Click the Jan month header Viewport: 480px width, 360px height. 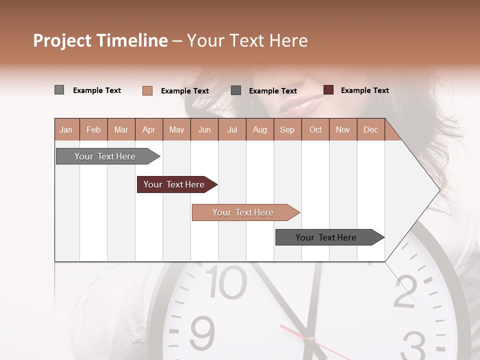click(66, 129)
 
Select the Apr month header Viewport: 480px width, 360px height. click(148, 129)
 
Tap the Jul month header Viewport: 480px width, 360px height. click(232, 129)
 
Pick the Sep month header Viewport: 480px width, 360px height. click(287, 129)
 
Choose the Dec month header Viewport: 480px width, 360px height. click(370, 129)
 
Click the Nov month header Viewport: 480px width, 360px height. click(342, 129)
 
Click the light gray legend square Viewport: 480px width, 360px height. click(59, 90)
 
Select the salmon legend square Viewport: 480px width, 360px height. click(147, 90)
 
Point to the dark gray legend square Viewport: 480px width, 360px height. click(236, 90)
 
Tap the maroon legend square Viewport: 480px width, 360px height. click(328, 90)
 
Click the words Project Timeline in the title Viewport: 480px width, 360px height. click(100, 40)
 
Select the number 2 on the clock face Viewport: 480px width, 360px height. click(405, 291)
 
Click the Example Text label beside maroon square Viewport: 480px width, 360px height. click(364, 90)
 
